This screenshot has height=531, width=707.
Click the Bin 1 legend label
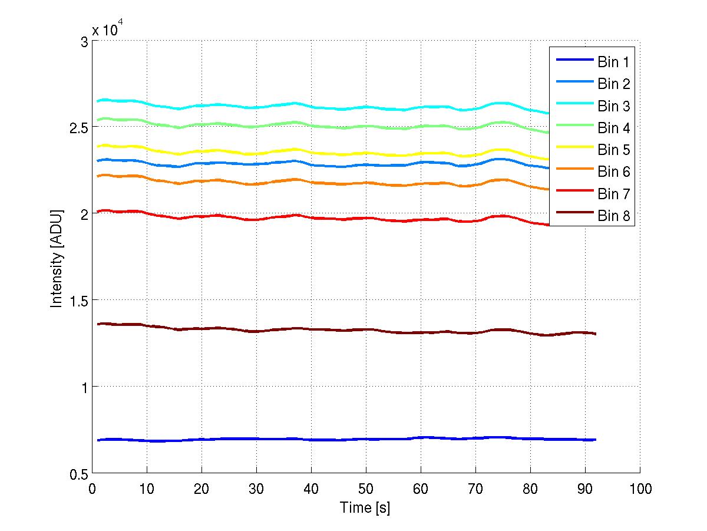pos(613,61)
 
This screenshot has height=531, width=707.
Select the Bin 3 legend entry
pos(613,106)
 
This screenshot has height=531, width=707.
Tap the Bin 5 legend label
pos(613,150)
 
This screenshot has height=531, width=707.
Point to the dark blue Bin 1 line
pos(295,440)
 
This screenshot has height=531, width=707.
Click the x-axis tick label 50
pos(366,489)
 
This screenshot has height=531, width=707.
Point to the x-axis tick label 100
pos(640,489)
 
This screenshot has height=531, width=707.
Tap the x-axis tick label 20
pos(201,489)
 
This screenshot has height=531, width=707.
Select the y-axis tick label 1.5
pos(78,301)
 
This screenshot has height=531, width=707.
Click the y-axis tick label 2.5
pos(78,128)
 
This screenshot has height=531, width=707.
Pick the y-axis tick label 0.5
pos(78,473)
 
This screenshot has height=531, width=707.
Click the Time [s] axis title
pos(365,507)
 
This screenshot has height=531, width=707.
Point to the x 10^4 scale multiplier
pos(107,29)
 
